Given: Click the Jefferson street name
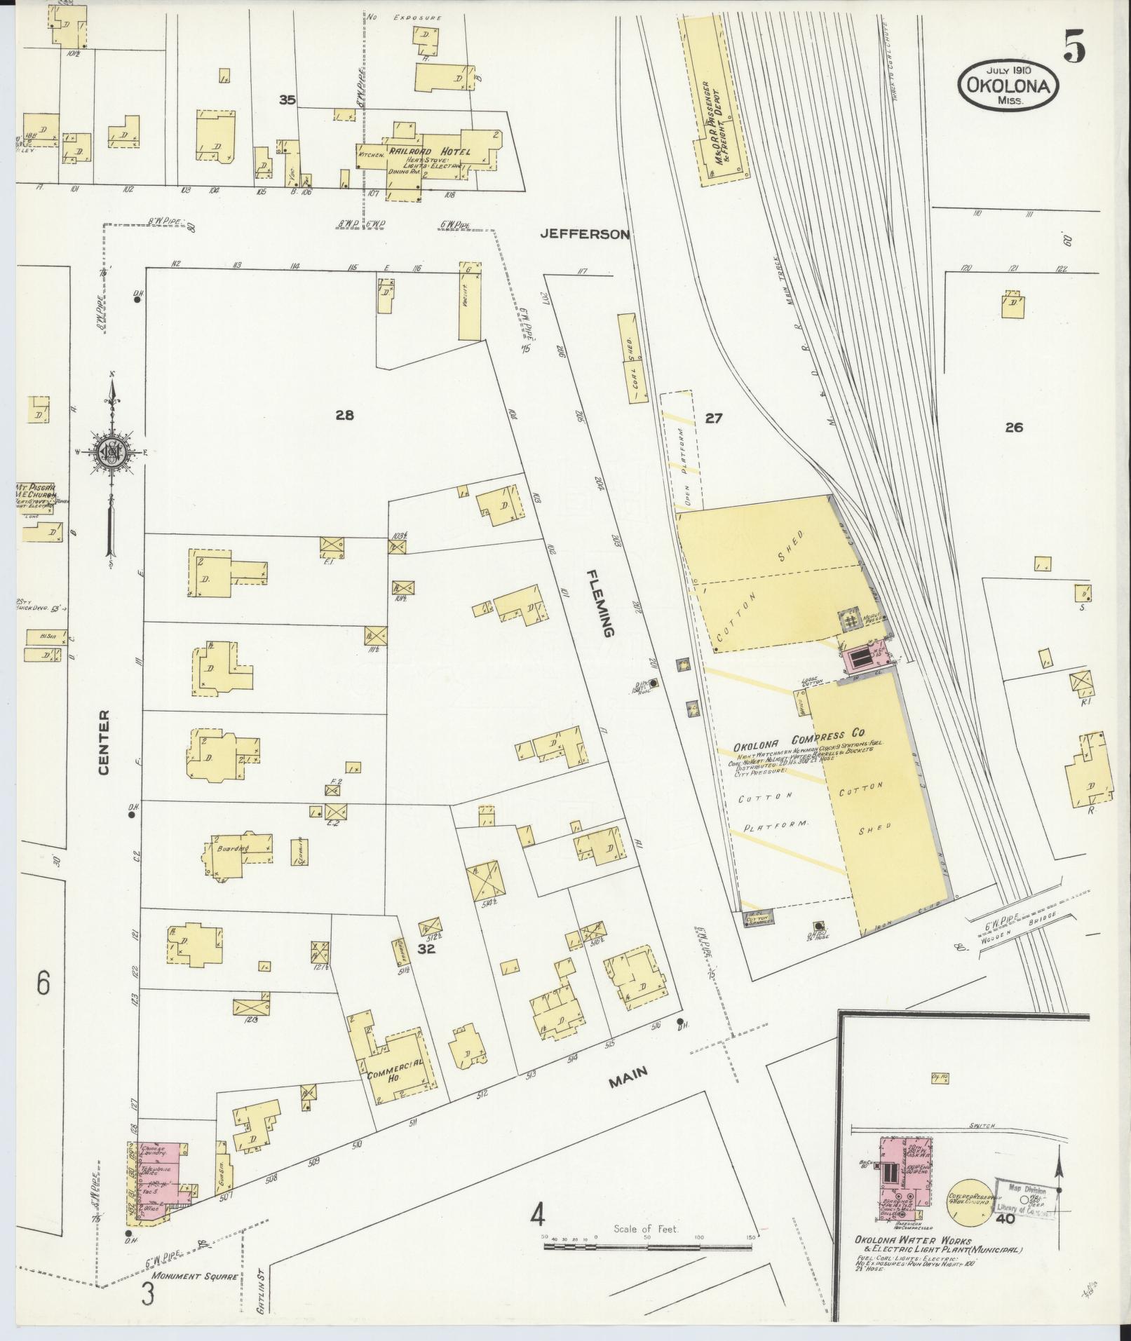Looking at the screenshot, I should (x=585, y=235).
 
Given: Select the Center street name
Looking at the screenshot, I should (x=104, y=742).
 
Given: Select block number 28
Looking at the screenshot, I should (x=344, y=416).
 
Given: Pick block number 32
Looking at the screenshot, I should (x=427, y=949).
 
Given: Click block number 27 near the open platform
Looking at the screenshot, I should (x=713, y=418).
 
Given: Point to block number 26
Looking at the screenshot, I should (x=1014, y=427).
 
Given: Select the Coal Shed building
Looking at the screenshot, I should (x=633, y=358).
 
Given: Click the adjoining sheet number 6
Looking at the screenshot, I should (x=43, y=984).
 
